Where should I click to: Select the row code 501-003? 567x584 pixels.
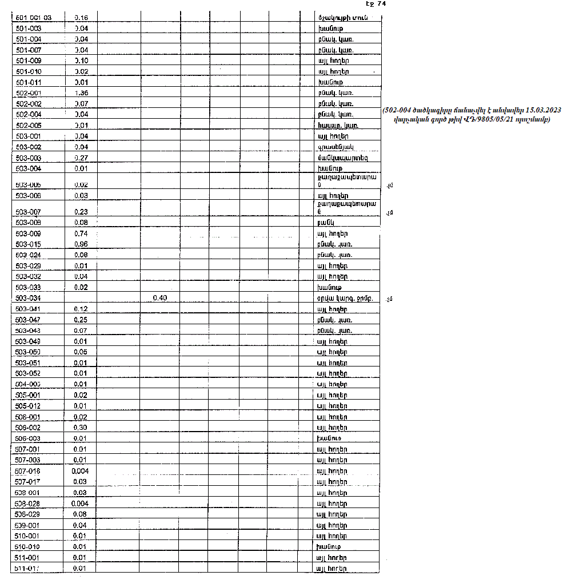[x=28, y=28]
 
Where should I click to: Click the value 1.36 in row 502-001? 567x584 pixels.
[x=81, y=93]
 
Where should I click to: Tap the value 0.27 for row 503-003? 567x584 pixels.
[x=81, y=158]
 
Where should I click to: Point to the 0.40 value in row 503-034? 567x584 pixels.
[x=159, y=298]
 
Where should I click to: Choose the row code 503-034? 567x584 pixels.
[x=28, y=298]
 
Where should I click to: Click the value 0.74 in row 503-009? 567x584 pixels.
[x=81, y=233]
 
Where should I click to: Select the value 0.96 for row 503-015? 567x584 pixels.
[x=81, y=244]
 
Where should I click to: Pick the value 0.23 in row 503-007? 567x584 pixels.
[x=81, y=212]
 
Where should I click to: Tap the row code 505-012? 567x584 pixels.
[x=28, y=406]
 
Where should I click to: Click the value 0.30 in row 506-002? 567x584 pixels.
[x=81, y=428]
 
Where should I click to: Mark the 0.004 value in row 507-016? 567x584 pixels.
[x=80, y=471]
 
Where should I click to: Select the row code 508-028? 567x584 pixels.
[x=28, y=504]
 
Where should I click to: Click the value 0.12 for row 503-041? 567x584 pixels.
[x=81, y=309]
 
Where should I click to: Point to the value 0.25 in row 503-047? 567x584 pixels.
[x=81, y=320]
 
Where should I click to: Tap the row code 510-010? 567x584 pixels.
[x=28, y=547]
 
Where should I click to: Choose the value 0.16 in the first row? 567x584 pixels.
[x=81, y=18]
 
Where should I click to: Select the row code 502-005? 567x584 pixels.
[x=28, y=126]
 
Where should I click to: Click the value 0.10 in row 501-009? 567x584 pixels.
[x=81, y=61]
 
